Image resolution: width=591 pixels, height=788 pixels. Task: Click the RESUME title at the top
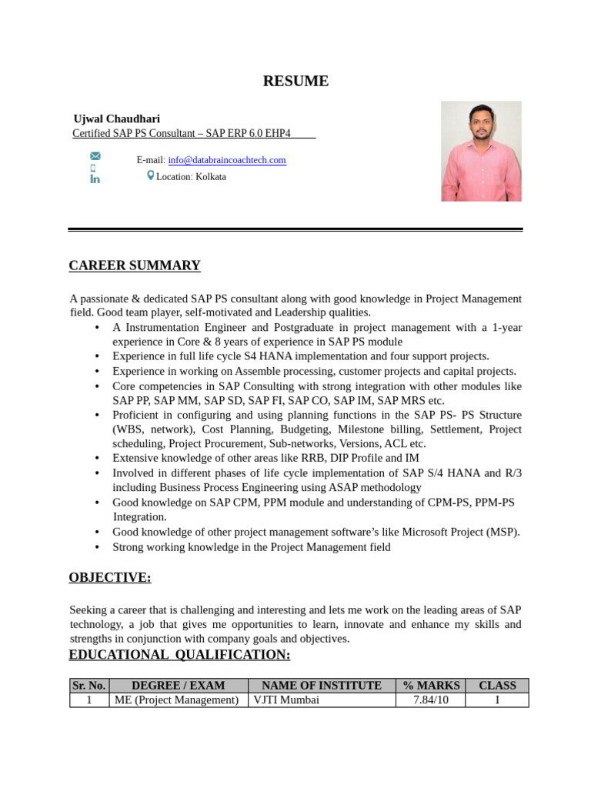click(295, 81)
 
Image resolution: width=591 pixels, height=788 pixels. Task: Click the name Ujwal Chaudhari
click(116, 119)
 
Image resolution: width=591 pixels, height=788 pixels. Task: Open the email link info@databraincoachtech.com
click(227, 160)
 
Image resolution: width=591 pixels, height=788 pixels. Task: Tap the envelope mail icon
click(95, 156)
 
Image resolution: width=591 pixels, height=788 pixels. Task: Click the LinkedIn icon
click(95, 179)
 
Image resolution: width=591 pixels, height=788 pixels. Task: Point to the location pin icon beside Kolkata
click(150, 175)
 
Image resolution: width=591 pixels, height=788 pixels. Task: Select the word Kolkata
click(211, 176)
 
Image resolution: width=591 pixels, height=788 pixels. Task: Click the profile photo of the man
click(481, 151)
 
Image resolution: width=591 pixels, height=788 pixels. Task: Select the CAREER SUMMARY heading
click(135, 265)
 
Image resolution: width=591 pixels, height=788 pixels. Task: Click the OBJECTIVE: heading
click(110, 577)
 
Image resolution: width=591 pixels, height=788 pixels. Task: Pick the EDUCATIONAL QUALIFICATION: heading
click(179, 654)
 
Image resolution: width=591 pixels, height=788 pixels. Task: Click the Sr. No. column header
click(89, 686)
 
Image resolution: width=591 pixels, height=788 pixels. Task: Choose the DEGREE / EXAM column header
click(179, 686)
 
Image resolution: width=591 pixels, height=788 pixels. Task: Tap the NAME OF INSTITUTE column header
click(322, 686)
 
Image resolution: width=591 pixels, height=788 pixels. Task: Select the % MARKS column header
click(431, 686)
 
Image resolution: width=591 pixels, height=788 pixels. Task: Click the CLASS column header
click(497, 686)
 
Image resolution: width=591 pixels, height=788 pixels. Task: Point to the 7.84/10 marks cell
click(431, 700)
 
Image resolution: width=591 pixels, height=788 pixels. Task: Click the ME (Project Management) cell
click(177, 700)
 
